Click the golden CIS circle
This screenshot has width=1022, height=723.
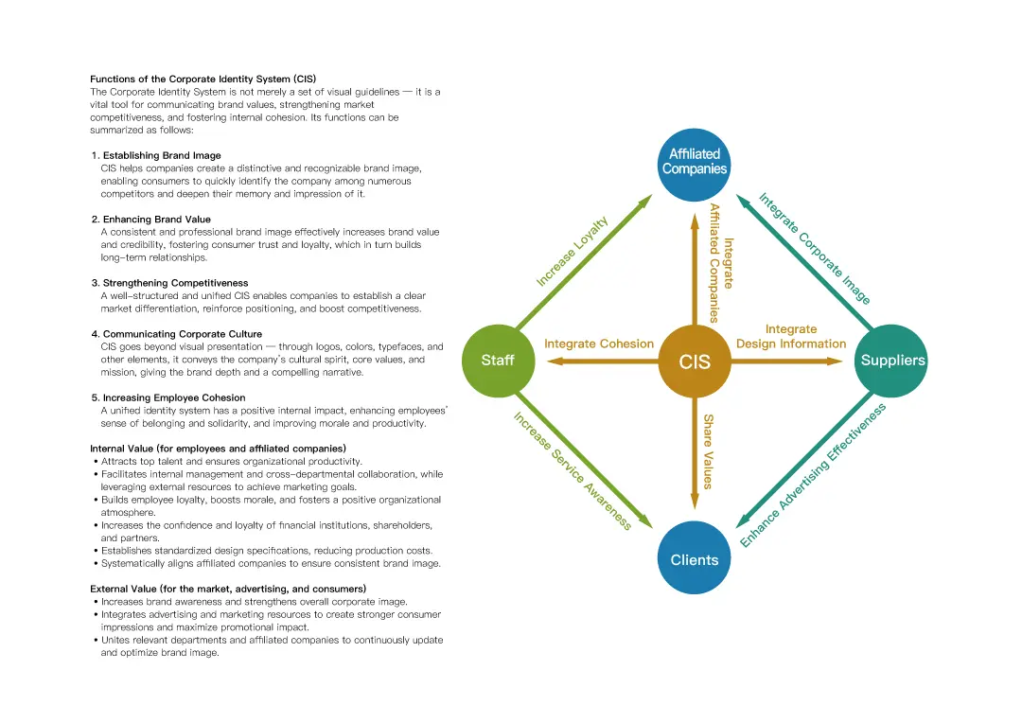tap(695, 361)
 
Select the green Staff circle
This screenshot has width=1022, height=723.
tap(498, 361)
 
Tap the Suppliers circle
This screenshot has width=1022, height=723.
tap(891, 361)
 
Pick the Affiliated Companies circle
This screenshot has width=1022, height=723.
tap(695, 165)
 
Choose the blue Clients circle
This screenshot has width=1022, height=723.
tap(695, 557)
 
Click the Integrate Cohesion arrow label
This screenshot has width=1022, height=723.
tap(599, 344)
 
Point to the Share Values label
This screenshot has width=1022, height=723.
tap(709, 451)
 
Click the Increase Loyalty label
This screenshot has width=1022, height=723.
tap(572, 251)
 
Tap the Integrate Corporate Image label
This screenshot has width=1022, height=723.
tap(815, 248)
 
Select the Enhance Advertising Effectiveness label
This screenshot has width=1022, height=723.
tap(813, 475)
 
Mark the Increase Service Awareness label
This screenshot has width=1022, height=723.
tap(573, 471)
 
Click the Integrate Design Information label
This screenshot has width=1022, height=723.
tap(791, 336)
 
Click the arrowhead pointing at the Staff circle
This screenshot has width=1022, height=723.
tap(555, 361)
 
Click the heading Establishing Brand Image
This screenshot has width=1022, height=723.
tap(162, 155)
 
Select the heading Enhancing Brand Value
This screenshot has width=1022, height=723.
tap(156, 219)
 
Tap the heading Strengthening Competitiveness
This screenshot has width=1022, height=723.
tap(175, 283)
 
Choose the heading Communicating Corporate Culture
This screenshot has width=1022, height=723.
tap(183, 334)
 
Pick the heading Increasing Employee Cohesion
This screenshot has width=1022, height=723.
tap(174, 397)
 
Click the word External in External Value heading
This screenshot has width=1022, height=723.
tap(108, 589)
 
